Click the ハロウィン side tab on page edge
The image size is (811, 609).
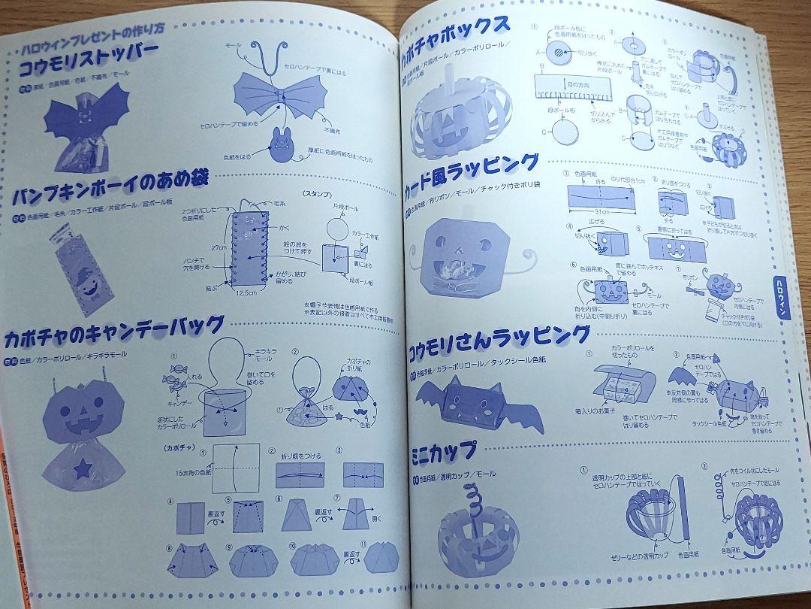[780, 308]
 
